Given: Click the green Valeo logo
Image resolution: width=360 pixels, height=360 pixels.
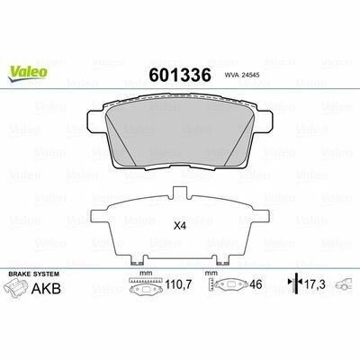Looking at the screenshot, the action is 28,74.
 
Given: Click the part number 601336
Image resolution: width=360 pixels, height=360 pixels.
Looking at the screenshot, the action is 180,75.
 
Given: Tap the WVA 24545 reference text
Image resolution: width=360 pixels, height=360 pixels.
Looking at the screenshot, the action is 242,76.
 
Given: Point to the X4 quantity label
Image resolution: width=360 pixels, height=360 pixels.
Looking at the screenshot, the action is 180,227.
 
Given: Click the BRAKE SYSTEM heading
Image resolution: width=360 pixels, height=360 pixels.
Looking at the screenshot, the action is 34,274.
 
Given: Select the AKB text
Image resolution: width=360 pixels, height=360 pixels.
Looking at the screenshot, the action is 46,289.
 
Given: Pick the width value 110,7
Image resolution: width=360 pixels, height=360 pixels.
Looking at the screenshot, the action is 178,284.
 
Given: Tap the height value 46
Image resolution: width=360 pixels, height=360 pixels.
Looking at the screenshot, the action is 256,284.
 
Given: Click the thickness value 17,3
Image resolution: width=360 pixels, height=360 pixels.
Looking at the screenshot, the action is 315,284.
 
